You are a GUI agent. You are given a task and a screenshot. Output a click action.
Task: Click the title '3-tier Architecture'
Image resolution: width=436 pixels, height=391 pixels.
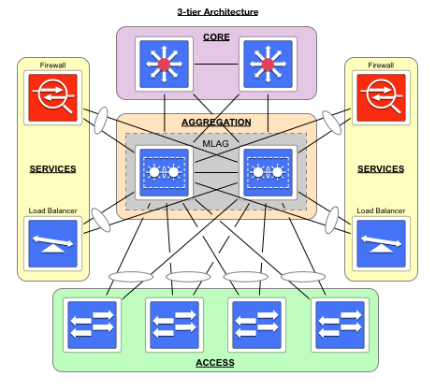(x=217, y=11)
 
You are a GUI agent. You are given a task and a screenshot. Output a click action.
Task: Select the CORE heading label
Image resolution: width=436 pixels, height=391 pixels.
(x=216, y=37)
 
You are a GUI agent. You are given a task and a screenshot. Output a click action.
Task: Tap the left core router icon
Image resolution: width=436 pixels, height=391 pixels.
(x=165, y=65)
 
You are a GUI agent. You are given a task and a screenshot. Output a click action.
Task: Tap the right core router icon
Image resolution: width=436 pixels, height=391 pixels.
(x=268, y=65)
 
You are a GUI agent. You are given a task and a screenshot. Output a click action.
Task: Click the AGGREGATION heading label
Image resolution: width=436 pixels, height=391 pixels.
(x=216, y=123)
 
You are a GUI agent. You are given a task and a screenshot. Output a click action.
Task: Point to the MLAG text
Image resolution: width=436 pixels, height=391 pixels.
(x=216, y=144)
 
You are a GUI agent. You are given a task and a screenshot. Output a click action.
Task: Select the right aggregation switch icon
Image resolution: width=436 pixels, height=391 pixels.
(x=269, y=173)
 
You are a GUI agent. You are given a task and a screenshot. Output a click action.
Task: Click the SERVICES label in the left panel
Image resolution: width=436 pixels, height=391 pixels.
(x=53, y=169)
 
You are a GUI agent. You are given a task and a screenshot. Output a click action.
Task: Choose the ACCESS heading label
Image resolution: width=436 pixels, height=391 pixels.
(x=215, y=362)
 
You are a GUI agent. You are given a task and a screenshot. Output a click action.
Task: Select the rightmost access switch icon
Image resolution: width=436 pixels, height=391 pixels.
(x=339, y=325)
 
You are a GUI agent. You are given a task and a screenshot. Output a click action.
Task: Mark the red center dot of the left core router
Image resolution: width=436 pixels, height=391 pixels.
(x=165, y=65)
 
